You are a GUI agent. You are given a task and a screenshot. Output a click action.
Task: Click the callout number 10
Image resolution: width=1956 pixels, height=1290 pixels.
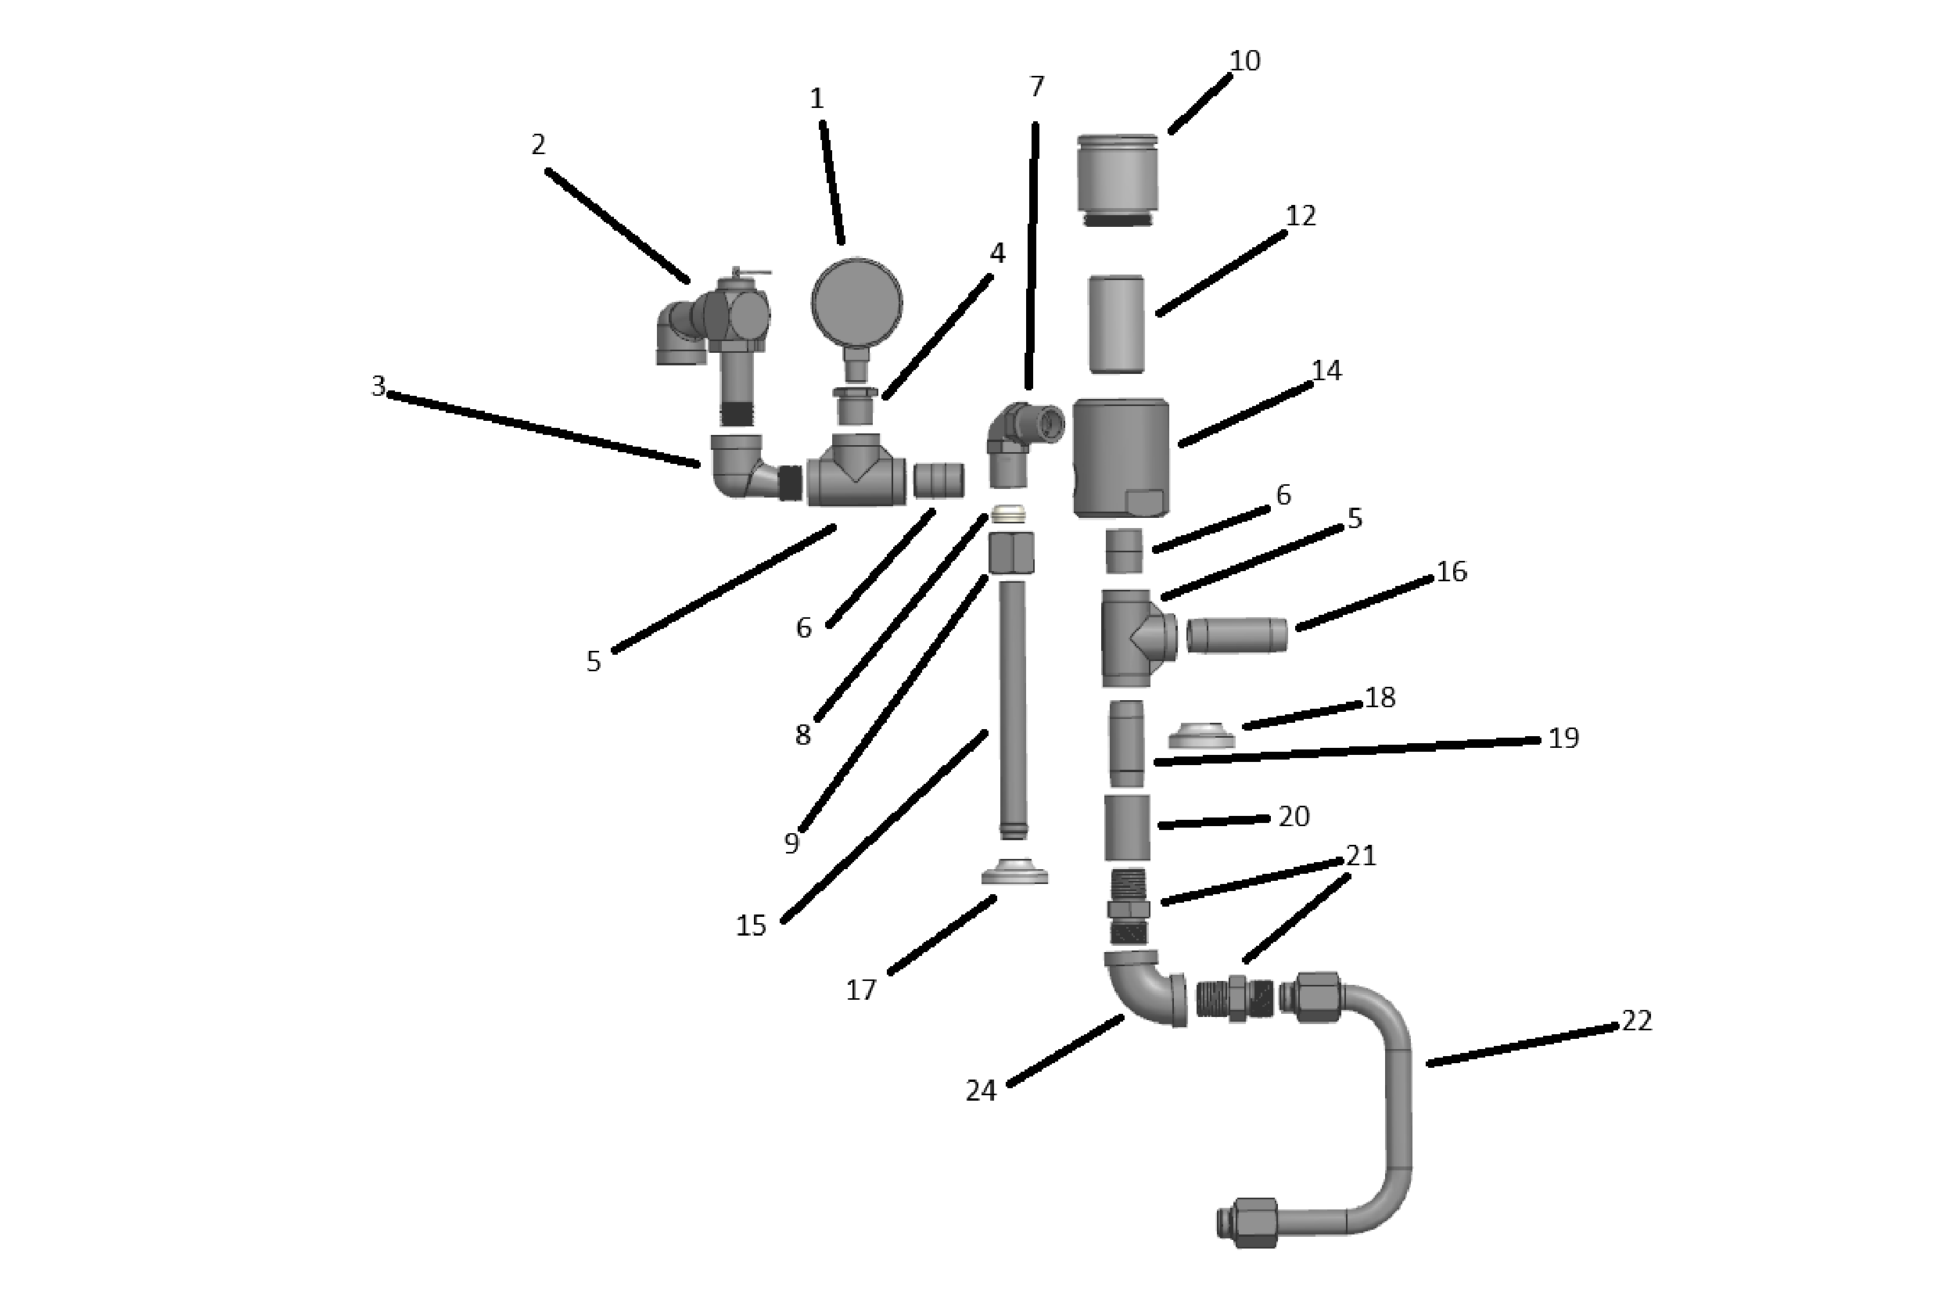[x=1244, y=61]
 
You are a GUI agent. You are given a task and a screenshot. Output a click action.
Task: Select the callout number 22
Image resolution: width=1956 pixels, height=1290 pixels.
[x=1636, y=1021]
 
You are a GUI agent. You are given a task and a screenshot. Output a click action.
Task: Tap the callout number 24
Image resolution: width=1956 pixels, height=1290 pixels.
[x=981, y=1091]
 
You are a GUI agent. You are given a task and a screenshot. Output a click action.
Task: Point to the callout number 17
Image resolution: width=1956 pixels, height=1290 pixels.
[x=861, y=990]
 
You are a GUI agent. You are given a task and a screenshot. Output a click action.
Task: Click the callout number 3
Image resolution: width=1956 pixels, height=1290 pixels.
[x=379, y=386]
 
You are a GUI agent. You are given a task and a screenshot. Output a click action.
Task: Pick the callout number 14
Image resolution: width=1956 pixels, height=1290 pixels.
[x=1326, y=371]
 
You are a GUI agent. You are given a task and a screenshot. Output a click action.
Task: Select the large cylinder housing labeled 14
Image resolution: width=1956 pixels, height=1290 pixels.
[x=1122, y=458]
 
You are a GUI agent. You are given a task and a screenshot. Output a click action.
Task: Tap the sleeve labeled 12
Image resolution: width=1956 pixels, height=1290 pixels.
[x=1116, y=324]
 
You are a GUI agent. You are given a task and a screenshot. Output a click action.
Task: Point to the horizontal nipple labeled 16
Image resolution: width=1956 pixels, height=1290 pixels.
[x=1237, y=635]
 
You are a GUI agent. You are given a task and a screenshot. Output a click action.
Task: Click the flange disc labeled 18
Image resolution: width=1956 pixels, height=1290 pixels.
[x=1202, y=735]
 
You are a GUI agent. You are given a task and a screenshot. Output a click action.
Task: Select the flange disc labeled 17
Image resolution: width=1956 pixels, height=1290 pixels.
[x=1014, y=871]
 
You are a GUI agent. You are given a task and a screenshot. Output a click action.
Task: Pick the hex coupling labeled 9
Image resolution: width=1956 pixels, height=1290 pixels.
[x=1012, y=552]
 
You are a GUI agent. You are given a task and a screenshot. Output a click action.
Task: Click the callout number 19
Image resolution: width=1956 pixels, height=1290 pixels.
[x=1563, y=738]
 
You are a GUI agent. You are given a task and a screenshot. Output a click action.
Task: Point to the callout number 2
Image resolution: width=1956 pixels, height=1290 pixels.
[x=538, y=145]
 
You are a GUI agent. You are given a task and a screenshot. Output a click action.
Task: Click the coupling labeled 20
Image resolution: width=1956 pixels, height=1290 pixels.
[x=1127, y=828]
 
